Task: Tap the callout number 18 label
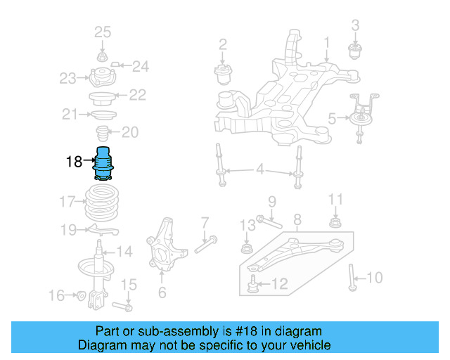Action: click(x=74, y=162)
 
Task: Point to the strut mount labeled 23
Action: click(x=103, y=76)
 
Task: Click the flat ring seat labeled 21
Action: click(x=103, y=114)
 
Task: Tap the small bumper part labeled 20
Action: click(x=103, y=133)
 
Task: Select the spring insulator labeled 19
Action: click(x=101, y=229)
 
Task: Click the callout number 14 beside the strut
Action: click(x=124, y=251)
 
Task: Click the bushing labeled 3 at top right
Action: click(x=355, y=51)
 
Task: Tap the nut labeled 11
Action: click(x=335, y=224)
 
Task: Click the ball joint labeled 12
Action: click(x=254, y=285)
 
